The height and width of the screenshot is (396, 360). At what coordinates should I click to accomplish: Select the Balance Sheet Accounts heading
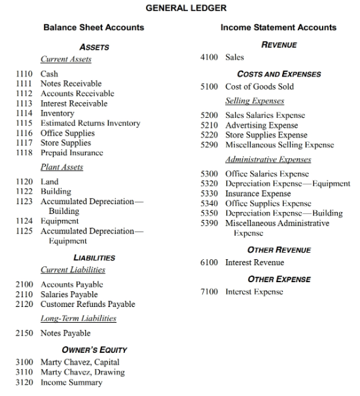[94, 27]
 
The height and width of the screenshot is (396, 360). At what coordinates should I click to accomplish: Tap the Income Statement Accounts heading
[278, 27]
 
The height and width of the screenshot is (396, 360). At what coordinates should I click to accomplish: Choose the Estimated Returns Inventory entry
[90, 123]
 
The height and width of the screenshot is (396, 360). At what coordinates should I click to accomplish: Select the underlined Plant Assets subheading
[62, 167]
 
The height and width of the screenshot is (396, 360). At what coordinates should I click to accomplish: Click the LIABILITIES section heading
[94, 258]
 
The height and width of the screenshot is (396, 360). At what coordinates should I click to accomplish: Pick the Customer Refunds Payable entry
[88, 304]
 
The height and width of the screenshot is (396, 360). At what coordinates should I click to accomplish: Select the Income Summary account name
[71, 382]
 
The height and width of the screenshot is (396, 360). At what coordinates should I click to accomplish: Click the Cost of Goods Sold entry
[259, 86]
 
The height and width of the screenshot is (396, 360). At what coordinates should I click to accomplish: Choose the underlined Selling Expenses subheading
[255, 101]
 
